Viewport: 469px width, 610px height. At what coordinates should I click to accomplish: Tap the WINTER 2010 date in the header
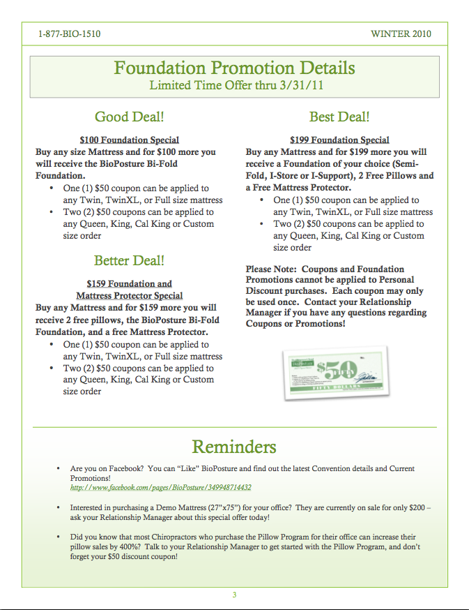[401, 34]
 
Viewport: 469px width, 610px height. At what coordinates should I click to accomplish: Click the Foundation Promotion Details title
[234, 68]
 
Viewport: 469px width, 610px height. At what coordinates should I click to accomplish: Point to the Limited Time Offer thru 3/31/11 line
[236, 86]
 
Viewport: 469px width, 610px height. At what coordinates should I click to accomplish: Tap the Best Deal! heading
[339, 117]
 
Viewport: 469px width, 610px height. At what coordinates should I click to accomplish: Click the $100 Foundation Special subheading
[129, 140]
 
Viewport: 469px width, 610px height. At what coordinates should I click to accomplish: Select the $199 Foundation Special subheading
[339, 140]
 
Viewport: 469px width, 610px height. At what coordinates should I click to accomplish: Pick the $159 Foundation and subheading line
[129, 283]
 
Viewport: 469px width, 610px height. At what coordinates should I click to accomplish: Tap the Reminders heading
[234, 447]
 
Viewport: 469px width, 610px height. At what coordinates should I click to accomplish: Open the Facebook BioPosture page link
[161, 488]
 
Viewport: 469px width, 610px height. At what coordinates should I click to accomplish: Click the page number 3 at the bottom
[235, 595]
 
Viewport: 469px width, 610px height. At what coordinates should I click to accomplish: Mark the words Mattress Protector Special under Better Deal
[129, 295]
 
